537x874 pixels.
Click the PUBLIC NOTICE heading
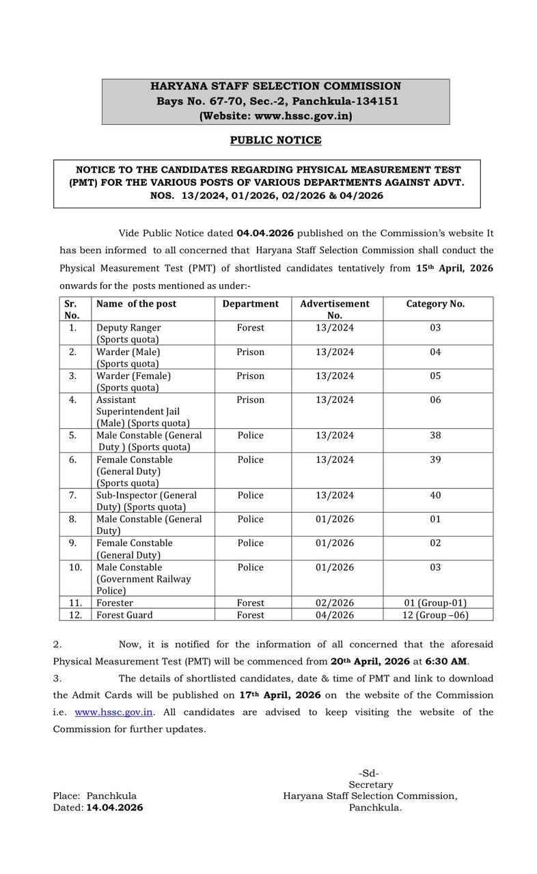point(275,140)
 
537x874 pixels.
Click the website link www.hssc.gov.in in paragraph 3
point(113,711)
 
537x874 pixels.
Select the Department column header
point(250,304)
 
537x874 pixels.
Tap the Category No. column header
point(435,304)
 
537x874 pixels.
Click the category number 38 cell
point(435,436)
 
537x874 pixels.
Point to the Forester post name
point(115,603)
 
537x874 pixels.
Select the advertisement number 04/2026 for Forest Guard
point(335,615)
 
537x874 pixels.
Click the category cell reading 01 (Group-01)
point(435,603)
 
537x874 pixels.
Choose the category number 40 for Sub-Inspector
point(435,495)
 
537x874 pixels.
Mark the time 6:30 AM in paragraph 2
point(446,662)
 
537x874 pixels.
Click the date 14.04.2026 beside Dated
point(114,808)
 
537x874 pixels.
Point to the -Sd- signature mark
point(369,774)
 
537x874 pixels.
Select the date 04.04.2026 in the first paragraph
point(265,233)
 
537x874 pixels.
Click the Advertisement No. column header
point(335,309)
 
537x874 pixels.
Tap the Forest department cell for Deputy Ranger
point(250,328)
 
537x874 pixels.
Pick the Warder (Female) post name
point(133,376)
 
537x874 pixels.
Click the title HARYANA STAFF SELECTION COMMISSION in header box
point(275,87)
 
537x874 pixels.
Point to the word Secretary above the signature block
point(370,785)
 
